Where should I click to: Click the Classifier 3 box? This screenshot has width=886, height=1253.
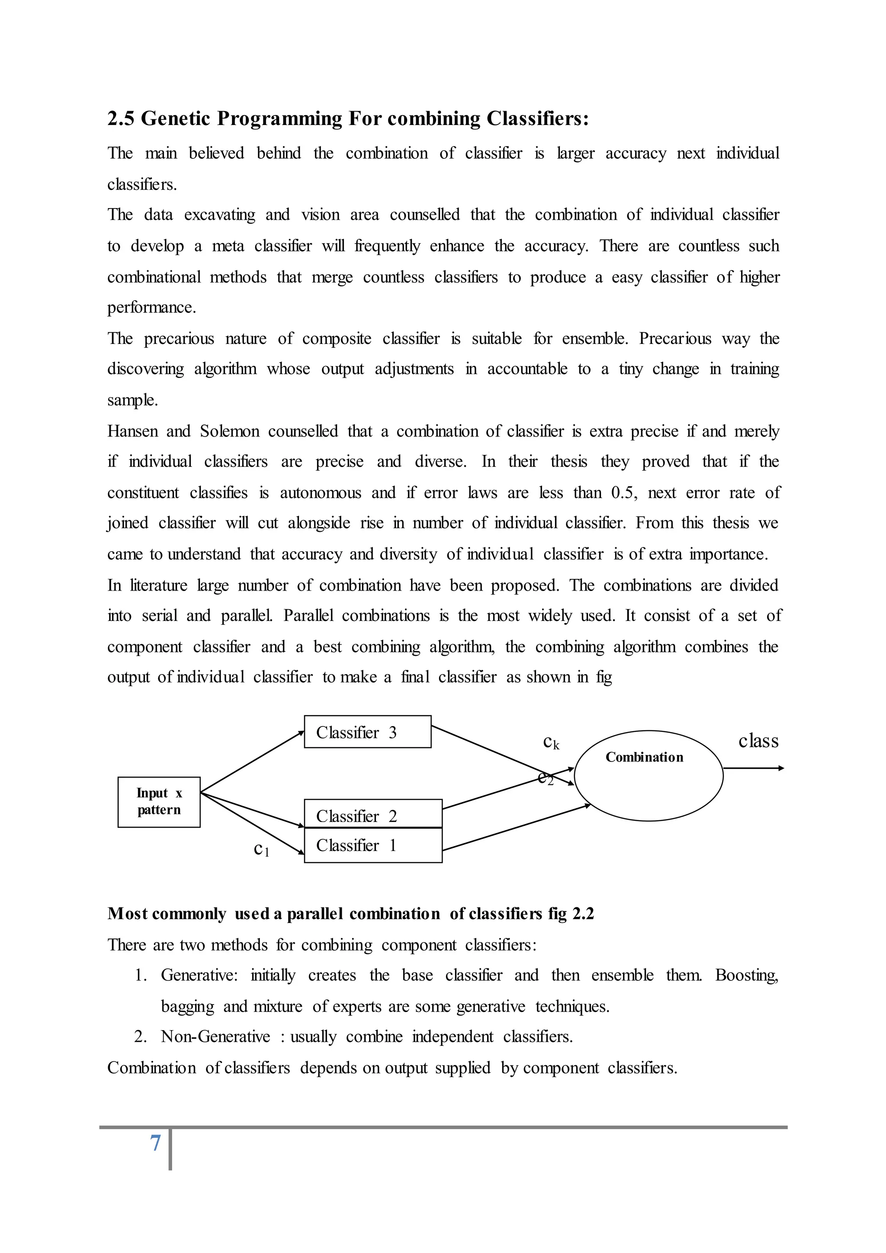click(x=367, y=732)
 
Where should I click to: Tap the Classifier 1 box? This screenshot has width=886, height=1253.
click(x=372, y=845)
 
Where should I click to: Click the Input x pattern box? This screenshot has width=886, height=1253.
click(x=159, y=802)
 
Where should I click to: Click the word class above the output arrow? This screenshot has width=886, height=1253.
click(x=758, y=741)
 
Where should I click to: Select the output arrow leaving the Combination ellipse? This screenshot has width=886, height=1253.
click(x=753, y=768)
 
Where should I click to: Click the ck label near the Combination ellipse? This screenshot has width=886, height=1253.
click(x=551, y=742)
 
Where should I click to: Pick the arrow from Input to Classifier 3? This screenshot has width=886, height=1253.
click(x=252, y=762)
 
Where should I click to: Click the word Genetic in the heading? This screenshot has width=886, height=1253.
click(x=176, y=119)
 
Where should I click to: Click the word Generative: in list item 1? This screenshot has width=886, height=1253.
click(x=199, y=975)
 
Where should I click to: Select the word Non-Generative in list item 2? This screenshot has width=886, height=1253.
click(x=215, y=1036)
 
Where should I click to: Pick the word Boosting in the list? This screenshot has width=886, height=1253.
click(x=746, y=975)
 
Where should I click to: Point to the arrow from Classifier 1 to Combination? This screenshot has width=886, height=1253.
click(x=516, y=827)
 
